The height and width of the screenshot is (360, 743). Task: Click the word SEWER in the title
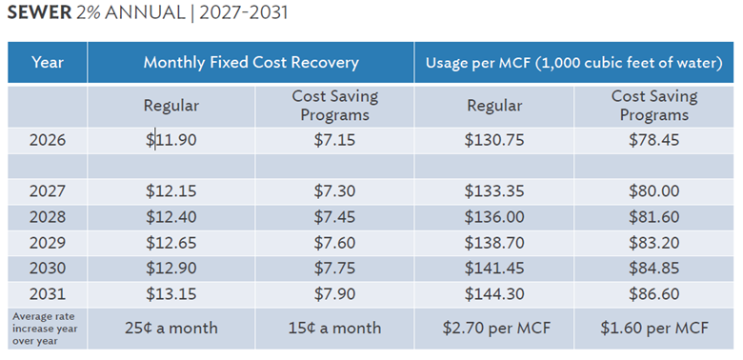pyautogui.click(x=39, y=12)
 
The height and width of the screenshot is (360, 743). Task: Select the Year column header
pyautogui.click(x=48, y=63)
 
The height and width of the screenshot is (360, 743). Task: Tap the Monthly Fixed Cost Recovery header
pyautogui.click(x=251, y=63)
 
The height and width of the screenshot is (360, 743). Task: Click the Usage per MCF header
pyautogui.click(x=573, y=63)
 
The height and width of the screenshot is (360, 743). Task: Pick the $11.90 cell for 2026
pyautogui.click(x=171, y=140)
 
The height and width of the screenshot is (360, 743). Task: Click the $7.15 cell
pyautogui.click(x=334, y=140)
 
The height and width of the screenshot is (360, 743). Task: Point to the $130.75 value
pyautogui.click(x=494, y=140)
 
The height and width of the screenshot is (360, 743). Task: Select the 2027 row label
pyautogui.click(x=48, y=191)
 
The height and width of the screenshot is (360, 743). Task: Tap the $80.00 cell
pyautogui.click(x=653, y=191)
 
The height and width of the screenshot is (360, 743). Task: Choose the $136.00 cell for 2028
pyautogui.click(x=494, y=217)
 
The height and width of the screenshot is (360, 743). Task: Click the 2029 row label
pyautogui.click(x=48, y=243)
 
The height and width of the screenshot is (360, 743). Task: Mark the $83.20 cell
pyautogui.click(x=653, y=243)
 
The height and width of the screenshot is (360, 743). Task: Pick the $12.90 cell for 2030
pyautogui.click(x=171, y=269)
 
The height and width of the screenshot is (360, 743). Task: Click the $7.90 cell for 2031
pyautogui.click(x=334, y=294)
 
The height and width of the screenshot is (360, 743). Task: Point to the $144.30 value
pyautogui.click(x=494, y=294)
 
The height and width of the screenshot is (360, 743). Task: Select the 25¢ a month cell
pyautogui.click(x=171, y=328)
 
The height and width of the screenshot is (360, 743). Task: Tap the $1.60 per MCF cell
pyautogui.click(x=653, y=329)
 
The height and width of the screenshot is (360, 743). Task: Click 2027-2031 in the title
pyautogui.click(x=243, y=12)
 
